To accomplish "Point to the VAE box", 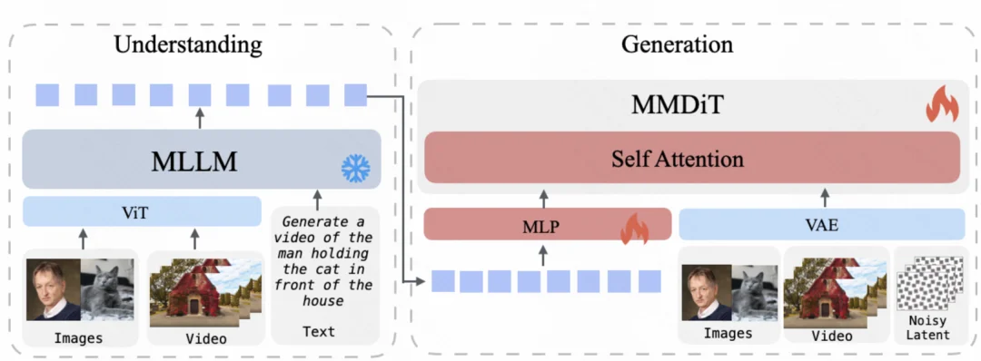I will point(821,225).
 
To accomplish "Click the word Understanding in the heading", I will point(188,44).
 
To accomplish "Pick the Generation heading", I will point(677,44).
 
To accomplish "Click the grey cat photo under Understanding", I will point(107,288).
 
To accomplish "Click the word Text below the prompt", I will point(319,332).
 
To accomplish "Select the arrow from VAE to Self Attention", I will point(826,198).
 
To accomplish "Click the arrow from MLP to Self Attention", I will point(545,199).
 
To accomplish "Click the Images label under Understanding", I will point(79,338).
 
